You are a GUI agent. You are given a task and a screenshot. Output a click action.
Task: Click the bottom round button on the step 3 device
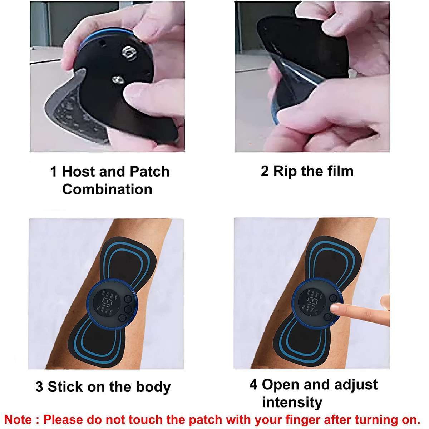click(122, 317)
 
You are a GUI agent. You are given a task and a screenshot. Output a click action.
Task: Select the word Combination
click(107, 189)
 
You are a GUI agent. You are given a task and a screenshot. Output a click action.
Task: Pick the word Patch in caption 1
click(149, 172)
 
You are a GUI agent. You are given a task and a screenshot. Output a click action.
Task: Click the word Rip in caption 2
click(282, 171)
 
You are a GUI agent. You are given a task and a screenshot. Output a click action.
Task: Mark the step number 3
click(39, 387)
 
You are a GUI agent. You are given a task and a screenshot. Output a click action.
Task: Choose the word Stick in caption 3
click(65, 387)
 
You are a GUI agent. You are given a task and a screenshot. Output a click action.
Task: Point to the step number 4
click(253, 385)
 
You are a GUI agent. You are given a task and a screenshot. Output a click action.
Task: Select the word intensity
click(292, 403)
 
